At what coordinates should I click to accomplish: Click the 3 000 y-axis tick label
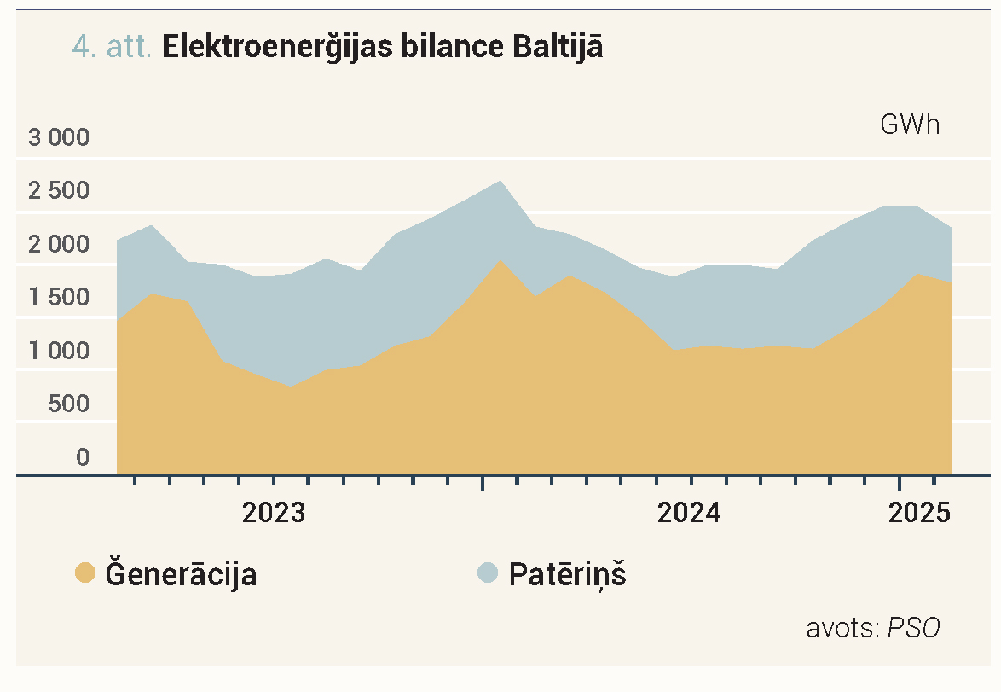pos(59,137)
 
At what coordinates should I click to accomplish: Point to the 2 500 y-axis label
pos(59,190)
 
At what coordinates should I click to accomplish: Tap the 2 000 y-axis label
pos(59,244)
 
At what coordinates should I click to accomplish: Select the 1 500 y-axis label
pos(59,297)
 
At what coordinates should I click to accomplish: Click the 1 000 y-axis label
pos(59,351)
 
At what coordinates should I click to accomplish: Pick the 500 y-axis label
pos(69,404)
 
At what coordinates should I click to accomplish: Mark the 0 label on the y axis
pos(83,457)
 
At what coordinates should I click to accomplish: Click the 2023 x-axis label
pos(274,513)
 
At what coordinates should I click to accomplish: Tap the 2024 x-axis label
pos(689,513)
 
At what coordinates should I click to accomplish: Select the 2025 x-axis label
pos(919,513)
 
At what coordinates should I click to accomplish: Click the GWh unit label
pos(910,125)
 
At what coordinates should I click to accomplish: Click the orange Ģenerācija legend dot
pos(85,573)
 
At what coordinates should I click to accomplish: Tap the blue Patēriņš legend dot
pos(488,573)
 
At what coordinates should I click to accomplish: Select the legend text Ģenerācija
pos(181,573)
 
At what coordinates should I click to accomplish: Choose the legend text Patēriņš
pos(568,573)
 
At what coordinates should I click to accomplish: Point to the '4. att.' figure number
pos(112,47)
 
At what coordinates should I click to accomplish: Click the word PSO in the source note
pos(914,628)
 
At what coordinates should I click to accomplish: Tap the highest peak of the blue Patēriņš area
pos(501,181)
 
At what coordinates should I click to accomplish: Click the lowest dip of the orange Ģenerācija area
pos(291,387)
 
